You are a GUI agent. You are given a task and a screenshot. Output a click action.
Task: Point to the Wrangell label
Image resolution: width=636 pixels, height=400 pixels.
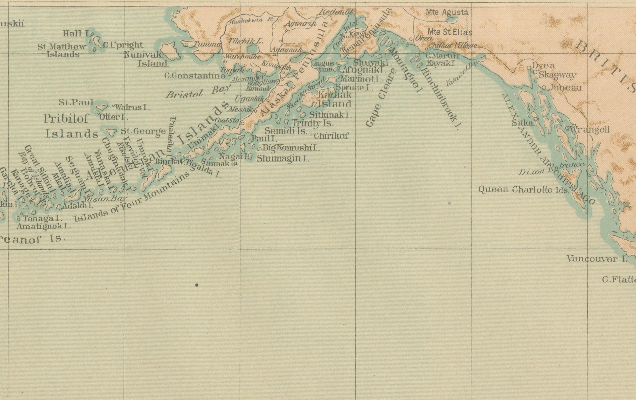tap(589, 130)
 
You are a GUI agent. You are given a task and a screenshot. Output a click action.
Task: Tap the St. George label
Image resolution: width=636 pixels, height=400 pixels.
tap(143, 131)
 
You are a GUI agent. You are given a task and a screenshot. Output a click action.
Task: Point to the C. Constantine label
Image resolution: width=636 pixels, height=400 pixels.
tap(195, 76)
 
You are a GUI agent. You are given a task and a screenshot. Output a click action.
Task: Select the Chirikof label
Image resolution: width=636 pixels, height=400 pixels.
tap(331, 136)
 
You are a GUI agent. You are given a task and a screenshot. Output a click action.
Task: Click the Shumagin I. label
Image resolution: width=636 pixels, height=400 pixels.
tap(283, 158)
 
